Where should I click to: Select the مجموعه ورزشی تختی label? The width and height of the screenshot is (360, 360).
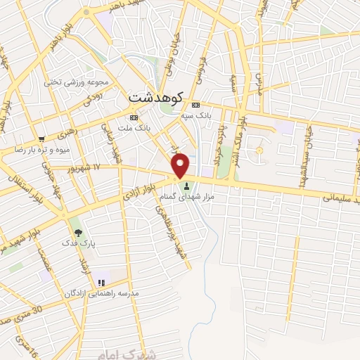point(75,82)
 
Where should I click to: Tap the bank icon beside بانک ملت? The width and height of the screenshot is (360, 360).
point(133,117)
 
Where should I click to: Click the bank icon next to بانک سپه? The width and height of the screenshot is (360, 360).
point(196,104)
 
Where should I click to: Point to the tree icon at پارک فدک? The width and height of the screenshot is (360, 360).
point(77,233)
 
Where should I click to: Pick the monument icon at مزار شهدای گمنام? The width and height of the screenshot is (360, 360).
point(186,186)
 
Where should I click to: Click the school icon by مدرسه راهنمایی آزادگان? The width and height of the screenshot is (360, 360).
point(101,283)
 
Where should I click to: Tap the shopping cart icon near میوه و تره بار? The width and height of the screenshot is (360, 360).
point(42,139)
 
